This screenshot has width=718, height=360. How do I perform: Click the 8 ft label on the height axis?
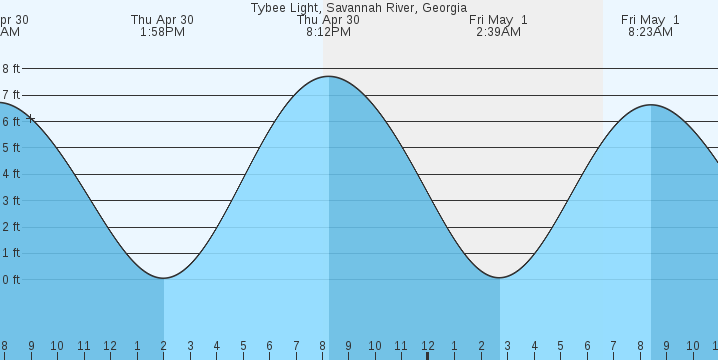click(10, 69)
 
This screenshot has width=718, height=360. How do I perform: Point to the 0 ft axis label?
click(10, 279)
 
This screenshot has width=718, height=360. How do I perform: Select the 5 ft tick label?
click(10, 148)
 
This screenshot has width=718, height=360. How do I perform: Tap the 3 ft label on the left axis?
click(10, 200)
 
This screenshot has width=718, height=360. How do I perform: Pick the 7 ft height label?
click(10, 95)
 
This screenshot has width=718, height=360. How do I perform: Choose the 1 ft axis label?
click(10, 253)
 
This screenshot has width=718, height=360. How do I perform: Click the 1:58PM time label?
click(162, 32)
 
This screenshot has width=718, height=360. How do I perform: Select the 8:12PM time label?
click(328, 32)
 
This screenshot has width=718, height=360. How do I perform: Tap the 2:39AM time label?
click(498, 32)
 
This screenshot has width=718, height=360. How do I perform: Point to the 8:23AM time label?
click(650, 32)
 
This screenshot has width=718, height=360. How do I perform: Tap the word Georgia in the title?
click(444, 7)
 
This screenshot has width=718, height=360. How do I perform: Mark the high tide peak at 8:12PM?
click(328, 77)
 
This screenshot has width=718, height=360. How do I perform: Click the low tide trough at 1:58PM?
click(163, 278)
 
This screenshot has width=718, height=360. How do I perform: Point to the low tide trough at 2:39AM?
click(498, 278)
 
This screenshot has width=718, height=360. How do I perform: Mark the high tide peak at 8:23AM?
click(651, 105)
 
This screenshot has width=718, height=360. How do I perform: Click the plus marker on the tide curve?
click(31, 119)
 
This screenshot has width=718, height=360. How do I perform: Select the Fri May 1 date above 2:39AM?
click(498, 19)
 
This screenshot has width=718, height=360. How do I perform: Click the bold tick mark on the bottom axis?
click(427, 354)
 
